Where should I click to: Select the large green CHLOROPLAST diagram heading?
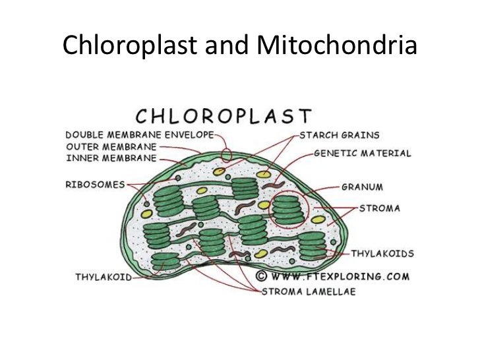(222, 117)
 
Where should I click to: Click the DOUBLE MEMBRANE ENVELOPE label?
(140, 135)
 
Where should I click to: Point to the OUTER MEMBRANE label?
(111, 146)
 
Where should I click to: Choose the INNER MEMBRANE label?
(111, 158)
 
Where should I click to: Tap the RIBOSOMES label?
(94, 185)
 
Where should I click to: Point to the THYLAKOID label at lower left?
(102, 278)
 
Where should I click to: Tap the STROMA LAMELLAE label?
(309, 291)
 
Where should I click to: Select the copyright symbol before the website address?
(261, 276)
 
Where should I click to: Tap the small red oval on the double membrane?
(227, 156)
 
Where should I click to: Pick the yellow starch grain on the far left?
(146, 214)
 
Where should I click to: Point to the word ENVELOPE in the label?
(191, 135)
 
